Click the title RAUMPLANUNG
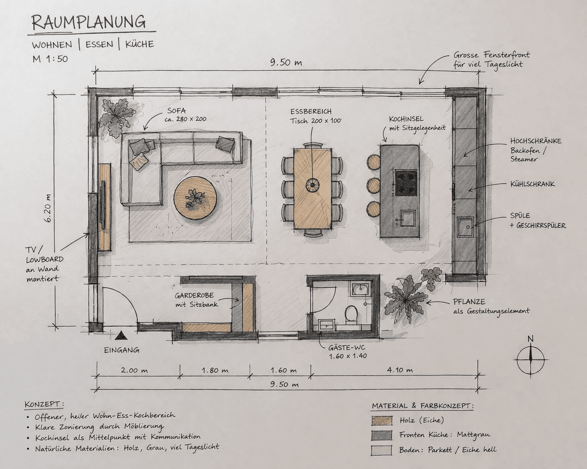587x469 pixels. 89,22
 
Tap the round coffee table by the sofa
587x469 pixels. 195,198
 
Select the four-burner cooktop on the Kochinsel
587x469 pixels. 406,183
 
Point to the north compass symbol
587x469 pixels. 531,359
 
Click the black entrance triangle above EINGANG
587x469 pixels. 121,335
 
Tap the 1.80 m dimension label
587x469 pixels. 215,370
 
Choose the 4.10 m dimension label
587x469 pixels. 400,370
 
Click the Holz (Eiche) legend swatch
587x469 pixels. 382,421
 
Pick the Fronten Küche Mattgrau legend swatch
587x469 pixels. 382,435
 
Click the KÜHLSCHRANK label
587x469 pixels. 533,184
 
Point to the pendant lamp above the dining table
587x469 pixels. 312,184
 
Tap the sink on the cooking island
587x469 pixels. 407,219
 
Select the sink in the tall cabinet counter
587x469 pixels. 466,226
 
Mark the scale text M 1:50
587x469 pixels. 50,59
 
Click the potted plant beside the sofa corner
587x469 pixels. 117,117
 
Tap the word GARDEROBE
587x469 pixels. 194,295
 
